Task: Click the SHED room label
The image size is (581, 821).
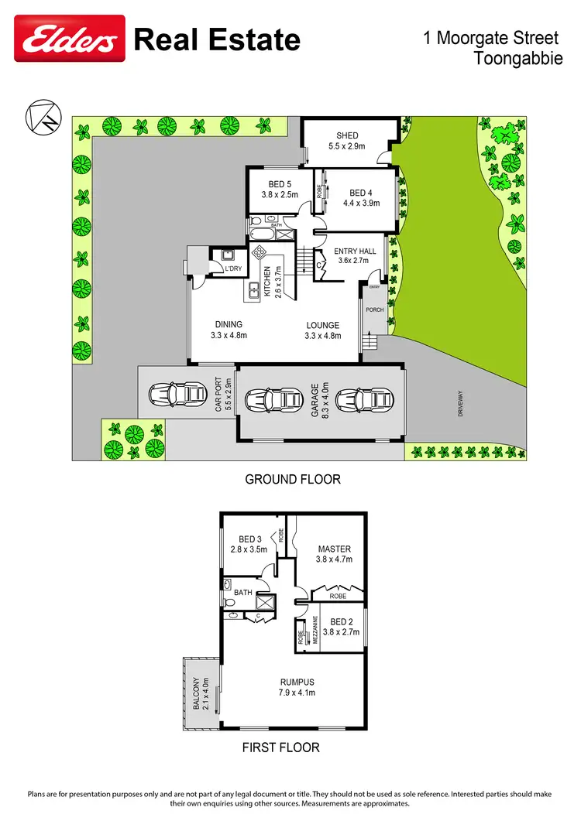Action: point(347,136)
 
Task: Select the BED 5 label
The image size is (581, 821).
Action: point(279,184)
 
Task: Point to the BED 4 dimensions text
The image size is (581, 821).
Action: point(361,204)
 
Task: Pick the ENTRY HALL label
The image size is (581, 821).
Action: point(355,251)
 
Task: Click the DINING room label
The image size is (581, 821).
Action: point(227,325)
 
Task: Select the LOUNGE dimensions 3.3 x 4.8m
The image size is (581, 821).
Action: point(321,336)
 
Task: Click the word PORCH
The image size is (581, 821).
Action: point(375,310)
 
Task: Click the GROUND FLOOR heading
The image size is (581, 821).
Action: point(293,480)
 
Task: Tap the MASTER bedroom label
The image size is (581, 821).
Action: point(334,549)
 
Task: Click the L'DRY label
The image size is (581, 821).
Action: point(233,269)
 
